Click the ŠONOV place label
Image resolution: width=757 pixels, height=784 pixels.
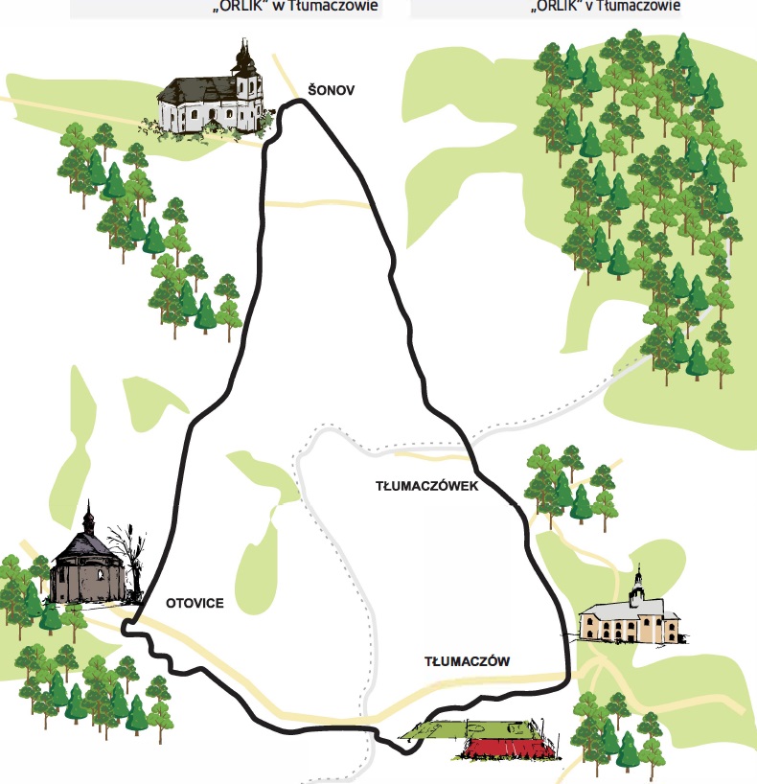click(x=332, y=90)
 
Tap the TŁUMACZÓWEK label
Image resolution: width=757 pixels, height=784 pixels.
click(x=427, y=486)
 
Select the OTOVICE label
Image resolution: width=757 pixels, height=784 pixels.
click(x=195, y=603)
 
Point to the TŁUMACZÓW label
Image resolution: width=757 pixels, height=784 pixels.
click(x=467, y=661)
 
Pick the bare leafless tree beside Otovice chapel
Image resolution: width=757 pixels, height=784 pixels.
click(x=128, y=557)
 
